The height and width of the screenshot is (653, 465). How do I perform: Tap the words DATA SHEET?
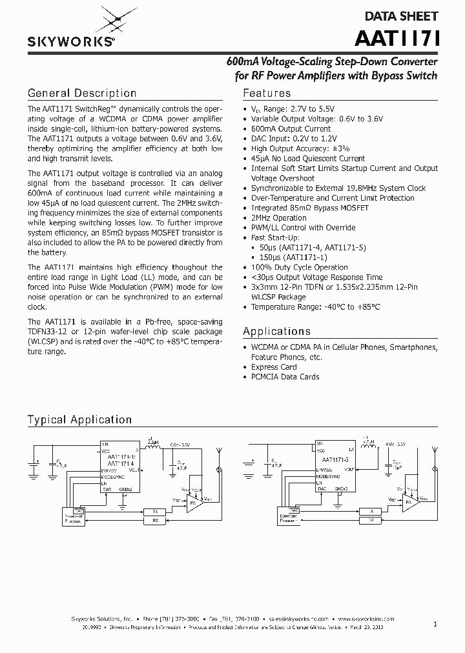coord(401,16)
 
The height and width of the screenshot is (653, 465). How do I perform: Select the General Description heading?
coord(81,94)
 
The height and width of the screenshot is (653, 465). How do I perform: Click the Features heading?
coord(267,94)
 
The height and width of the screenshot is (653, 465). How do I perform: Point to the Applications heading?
coord(276,332)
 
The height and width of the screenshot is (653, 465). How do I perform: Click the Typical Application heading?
coord(79,420)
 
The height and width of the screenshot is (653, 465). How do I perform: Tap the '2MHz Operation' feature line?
coord(278,217)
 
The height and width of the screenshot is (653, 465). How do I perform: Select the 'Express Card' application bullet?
coord(274,367)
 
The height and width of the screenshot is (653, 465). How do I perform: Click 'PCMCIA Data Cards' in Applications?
coord(285,377)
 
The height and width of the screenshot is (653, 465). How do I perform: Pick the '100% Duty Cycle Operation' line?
coord(299,267)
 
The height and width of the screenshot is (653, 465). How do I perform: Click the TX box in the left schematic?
coord(155,511)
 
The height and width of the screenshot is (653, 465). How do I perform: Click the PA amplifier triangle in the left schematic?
coord(193,501)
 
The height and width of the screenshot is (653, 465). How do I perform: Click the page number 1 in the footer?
coord(435,624)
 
